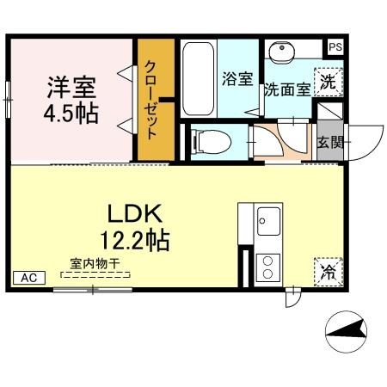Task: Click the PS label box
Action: pyautogui.click(x=335, y=48)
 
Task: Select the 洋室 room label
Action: pyautogui.click(x=71, y=88)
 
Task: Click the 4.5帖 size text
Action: pyautogui.click(x=71, y=113)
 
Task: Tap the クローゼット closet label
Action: pyautogui.click(x=151, y=100)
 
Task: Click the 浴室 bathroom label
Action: pyautogui.click(x=237, y=80)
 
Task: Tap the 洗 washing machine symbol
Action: pyautogui.click(x=328, y=83)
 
